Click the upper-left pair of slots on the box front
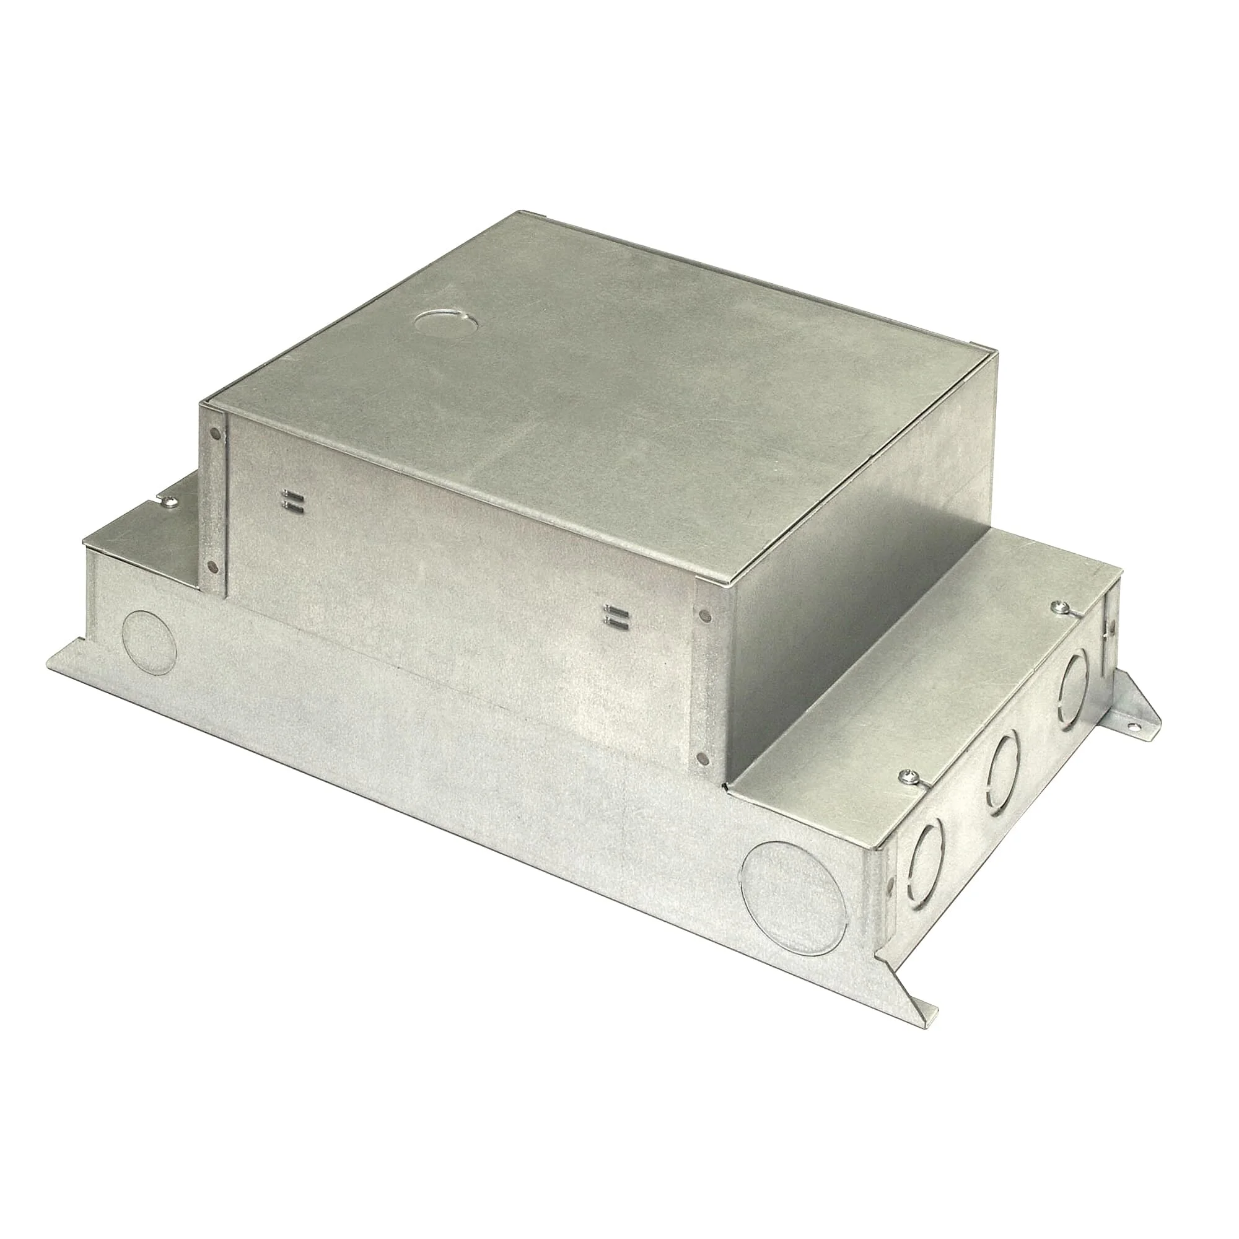point(292,499)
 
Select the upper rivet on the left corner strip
point(215,435)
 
